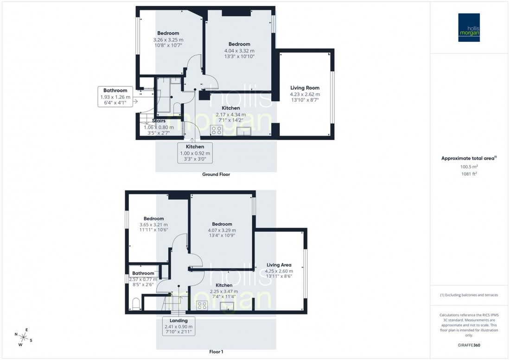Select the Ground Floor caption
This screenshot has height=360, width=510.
point(216,175)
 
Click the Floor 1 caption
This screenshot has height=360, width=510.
point(216,352)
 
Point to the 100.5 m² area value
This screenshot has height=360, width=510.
point(469,166)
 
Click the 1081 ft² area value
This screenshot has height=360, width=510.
point(469,174)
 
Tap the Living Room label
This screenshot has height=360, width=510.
point(305,88)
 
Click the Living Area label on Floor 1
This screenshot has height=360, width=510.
point(279,265)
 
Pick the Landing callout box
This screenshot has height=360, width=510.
point(178,326)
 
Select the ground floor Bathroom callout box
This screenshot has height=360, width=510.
point(115,96)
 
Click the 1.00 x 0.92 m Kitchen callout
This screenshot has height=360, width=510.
point(195,152)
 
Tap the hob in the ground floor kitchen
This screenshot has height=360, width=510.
point(216,130)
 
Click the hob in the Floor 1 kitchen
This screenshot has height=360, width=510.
point(202,305)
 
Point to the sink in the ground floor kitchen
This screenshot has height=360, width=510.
point(243,131)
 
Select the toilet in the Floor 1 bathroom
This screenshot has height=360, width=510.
point(136,304)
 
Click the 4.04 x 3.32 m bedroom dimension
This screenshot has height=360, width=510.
point(239,51)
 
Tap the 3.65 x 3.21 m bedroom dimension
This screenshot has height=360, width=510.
point(153,225)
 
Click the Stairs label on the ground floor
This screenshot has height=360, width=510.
point(159,121)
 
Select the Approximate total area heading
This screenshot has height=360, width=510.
point(469,158)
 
